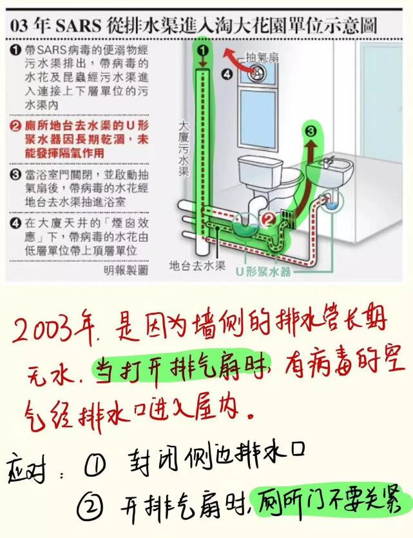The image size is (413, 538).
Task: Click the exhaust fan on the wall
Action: click(253, 75)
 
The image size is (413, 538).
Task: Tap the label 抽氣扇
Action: click(262, 57)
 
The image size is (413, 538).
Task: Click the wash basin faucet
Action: click(329, 159)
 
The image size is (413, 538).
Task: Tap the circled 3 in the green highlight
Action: click(311, 131)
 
